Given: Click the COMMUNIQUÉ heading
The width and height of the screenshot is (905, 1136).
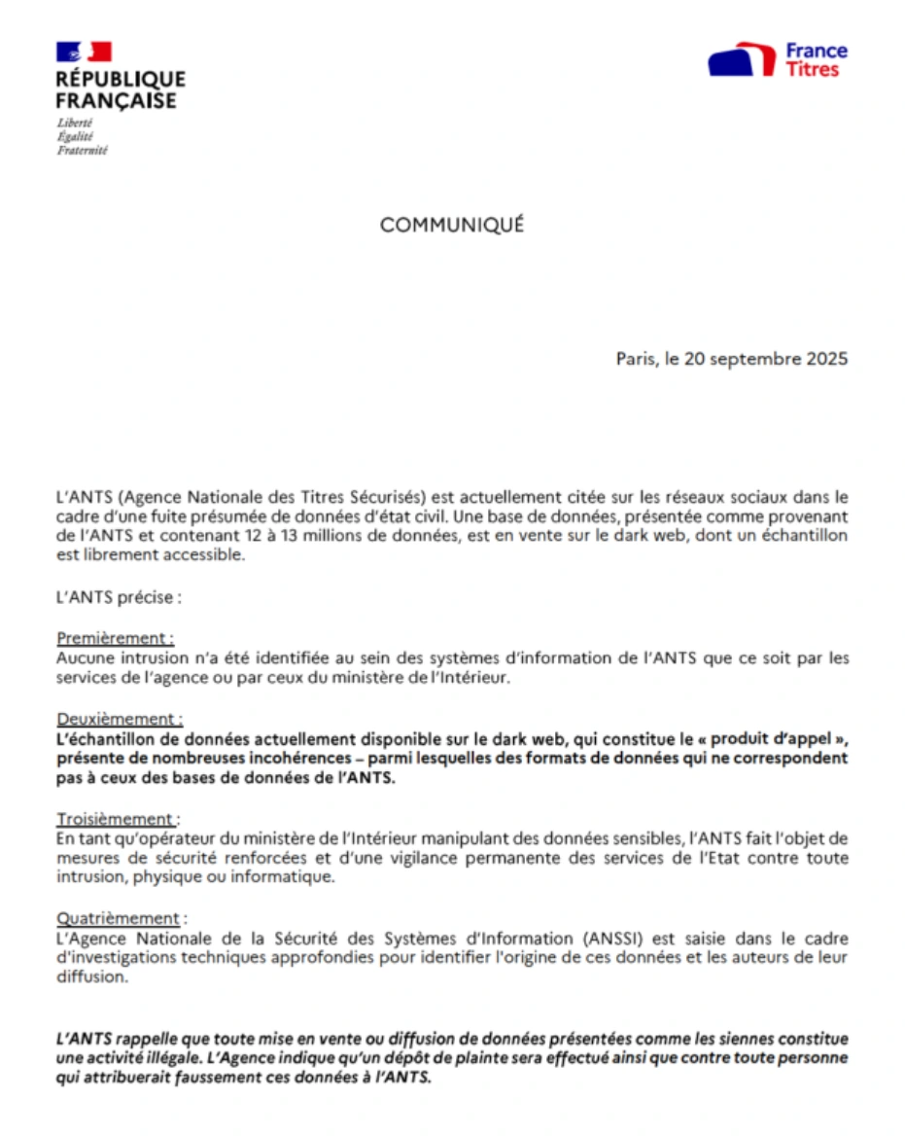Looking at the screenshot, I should tap(452, 225).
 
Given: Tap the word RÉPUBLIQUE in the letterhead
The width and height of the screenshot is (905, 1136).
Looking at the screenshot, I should tap(121, 79).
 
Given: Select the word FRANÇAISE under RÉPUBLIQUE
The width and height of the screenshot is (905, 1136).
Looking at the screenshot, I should tap(116, 100).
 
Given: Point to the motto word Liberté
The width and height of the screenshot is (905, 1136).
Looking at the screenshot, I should tap(75, 123).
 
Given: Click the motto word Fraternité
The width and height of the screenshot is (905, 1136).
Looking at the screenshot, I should tap(82, 151).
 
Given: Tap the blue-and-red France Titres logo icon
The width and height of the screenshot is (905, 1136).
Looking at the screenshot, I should tap(741, 59).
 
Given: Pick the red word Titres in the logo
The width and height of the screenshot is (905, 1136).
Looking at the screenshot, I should tap(812, 70).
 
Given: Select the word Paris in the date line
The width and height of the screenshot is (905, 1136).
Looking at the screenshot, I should tap(637, 359).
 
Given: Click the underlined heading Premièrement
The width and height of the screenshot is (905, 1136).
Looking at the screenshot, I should tap(114, 639).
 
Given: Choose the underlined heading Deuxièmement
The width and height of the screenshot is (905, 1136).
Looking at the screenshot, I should tap(118, 719).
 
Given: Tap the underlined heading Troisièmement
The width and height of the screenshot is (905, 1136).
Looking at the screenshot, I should tap(116, 819).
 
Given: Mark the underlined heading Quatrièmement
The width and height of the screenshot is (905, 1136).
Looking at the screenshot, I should tap(118, 918).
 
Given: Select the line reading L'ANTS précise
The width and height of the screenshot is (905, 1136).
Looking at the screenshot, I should tap(118, 597).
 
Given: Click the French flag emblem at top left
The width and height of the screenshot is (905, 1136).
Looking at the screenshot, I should tap(84, 52).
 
